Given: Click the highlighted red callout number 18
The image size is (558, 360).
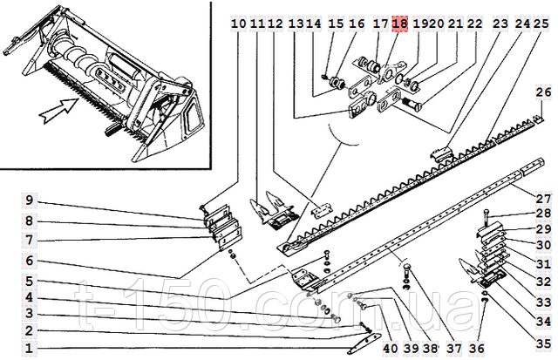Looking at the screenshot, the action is (x=399, y=24).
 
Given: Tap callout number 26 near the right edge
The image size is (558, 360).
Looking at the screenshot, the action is (x=543, y=92).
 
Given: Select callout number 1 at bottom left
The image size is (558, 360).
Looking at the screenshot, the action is (x=29, y=348).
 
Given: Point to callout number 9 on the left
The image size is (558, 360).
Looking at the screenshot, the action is (x=29, y=200).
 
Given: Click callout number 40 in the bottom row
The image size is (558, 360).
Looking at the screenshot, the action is (x=391, y=349).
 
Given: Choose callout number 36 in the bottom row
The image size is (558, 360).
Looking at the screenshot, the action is (x=477, y=349).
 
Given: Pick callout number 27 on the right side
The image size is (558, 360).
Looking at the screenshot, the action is (x=544, y=198).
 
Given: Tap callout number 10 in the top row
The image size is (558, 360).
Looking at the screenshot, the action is (x=238, y=24).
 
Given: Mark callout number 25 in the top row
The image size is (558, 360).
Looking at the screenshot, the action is (x=541, y=24).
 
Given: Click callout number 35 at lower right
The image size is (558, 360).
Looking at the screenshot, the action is (x=544, y=343).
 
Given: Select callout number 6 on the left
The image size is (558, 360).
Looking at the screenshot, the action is (x=29, y=261).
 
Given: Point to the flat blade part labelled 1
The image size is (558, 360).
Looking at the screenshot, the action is (x=364, y=344).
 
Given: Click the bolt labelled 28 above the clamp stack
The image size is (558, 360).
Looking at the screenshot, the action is (x=486, y=218).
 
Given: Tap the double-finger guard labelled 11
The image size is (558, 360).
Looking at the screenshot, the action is (x=273, y=211).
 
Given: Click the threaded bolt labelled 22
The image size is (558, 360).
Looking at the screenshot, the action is (x=412, y=103).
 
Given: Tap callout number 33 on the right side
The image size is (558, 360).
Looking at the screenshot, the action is (x=544, y=302).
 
